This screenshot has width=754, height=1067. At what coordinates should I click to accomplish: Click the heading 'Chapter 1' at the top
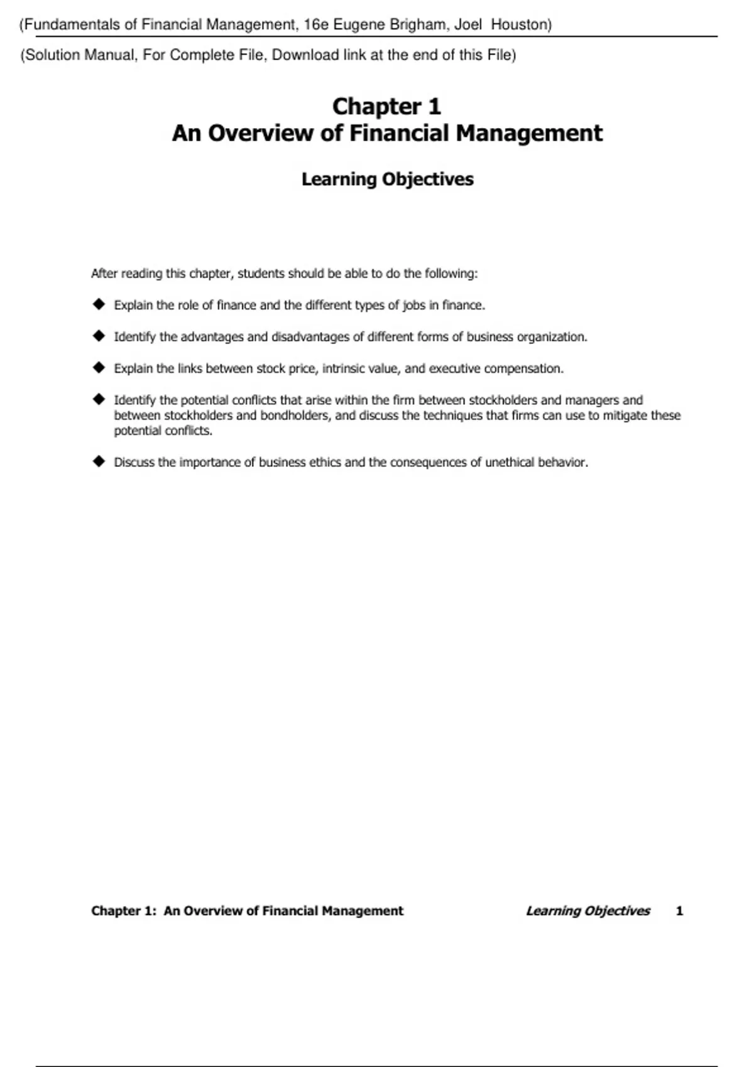click(x=386, y=106)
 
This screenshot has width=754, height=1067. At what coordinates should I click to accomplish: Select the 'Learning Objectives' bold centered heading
click(x=387, y=179)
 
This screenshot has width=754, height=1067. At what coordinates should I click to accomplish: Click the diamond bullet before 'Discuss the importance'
click(x=99, y=462)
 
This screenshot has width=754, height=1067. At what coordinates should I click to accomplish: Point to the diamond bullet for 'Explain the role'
click(x=99, y=304)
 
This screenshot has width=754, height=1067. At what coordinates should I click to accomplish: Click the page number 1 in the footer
click(x=679, y=911)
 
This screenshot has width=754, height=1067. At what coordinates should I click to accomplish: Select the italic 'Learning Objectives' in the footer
click(x=587, y=911)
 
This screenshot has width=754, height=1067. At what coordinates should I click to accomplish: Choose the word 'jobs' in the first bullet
click(x=414, y=306)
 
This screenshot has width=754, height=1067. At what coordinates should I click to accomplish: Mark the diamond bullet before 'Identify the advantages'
click(x=99, y=336)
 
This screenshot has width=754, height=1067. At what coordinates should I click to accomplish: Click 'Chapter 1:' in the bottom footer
click(x=124, y=911)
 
